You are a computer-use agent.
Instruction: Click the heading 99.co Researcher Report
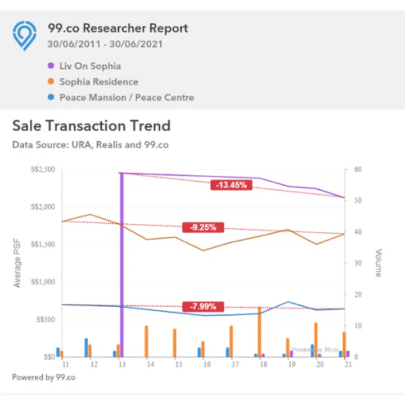pos(118,28)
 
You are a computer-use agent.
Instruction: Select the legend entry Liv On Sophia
pos(90,66)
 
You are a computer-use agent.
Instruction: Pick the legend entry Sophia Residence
pos(98,82)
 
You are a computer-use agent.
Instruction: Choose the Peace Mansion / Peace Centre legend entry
pos(127,97)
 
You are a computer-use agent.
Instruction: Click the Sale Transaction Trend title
pos(91,125)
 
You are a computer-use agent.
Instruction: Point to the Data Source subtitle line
pos(90,145)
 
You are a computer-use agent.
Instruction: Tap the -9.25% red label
pos(202,227)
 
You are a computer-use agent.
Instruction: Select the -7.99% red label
pos(202,307)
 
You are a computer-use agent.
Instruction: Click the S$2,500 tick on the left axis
pos(43,169)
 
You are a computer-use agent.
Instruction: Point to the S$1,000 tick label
pos(43,282)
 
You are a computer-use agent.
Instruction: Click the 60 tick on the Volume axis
pos(357,169)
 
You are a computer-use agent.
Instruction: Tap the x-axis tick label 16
pos(206,365)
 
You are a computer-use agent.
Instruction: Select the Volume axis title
pos(378,263)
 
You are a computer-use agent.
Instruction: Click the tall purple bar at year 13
pos(121,264)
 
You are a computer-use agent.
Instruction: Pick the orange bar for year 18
pos(259,332)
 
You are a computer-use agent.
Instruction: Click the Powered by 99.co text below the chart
pos(43,377)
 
